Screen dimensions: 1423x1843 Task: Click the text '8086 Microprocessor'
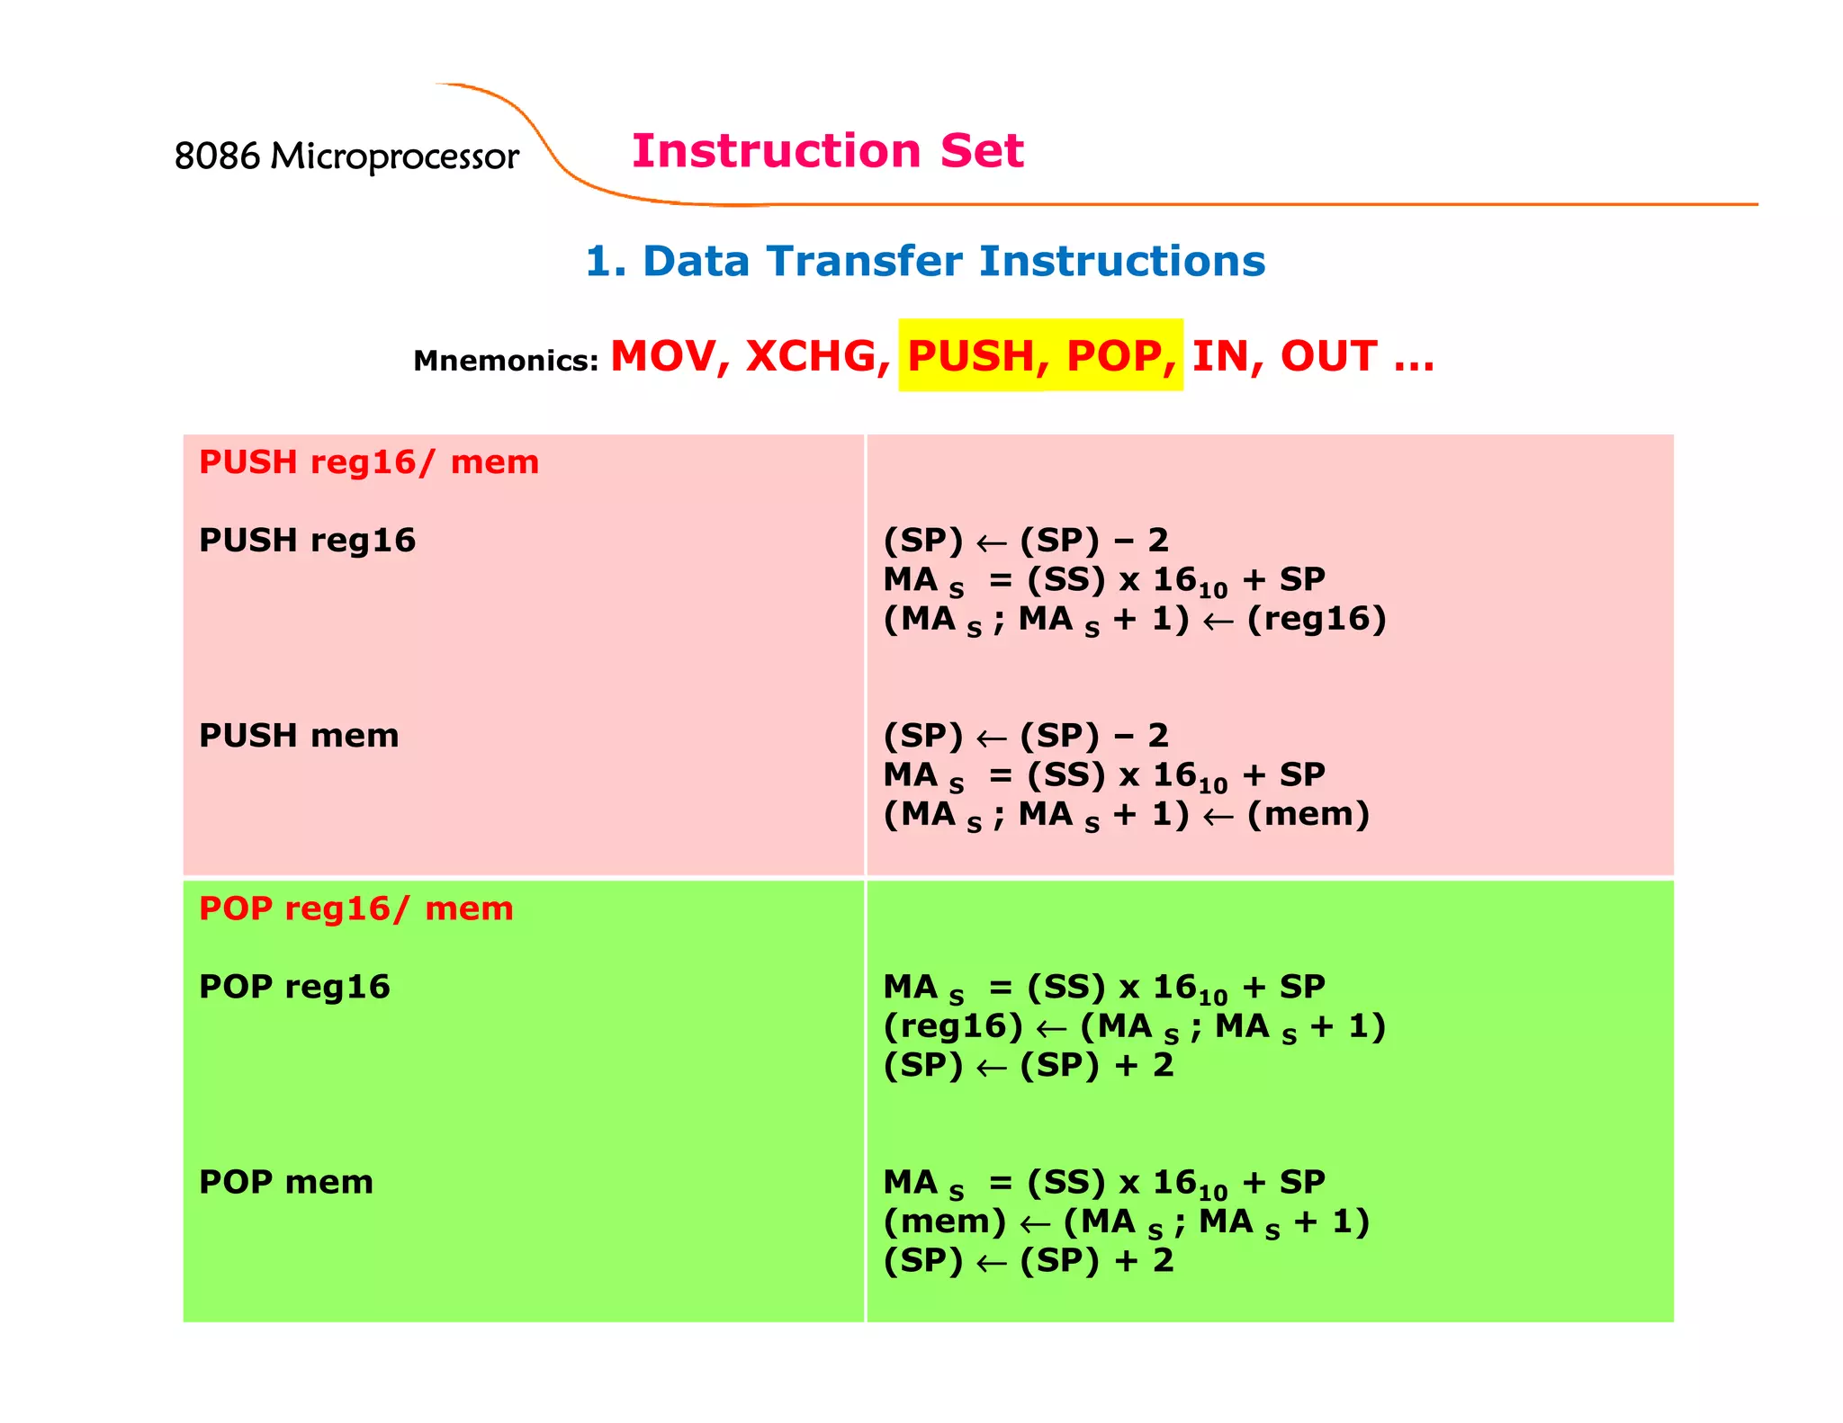click(346, 157)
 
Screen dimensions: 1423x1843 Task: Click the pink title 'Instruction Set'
click(827, 150)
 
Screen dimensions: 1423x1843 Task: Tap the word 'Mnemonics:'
click(506, 361)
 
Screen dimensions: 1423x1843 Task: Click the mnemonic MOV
click(670, 356)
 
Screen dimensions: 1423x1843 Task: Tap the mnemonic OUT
click(1329, 356)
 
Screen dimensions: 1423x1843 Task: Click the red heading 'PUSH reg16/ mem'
click(369, 462)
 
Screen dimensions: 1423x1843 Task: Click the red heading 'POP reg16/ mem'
click(356, 908)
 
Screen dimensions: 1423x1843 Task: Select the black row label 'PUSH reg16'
click(307, 541)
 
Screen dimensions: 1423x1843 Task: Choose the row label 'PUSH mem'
click(299, 736)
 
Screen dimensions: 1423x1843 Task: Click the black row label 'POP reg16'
click(294, 987)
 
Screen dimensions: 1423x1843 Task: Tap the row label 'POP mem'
click(286, 1182)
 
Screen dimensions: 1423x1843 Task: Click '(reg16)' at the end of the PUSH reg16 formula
click(1316, 619)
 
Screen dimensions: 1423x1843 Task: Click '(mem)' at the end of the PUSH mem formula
click(1308, 814)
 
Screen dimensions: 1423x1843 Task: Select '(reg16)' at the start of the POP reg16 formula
click(953, 1026)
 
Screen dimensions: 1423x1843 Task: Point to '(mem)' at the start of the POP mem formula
click(945, 1222)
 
